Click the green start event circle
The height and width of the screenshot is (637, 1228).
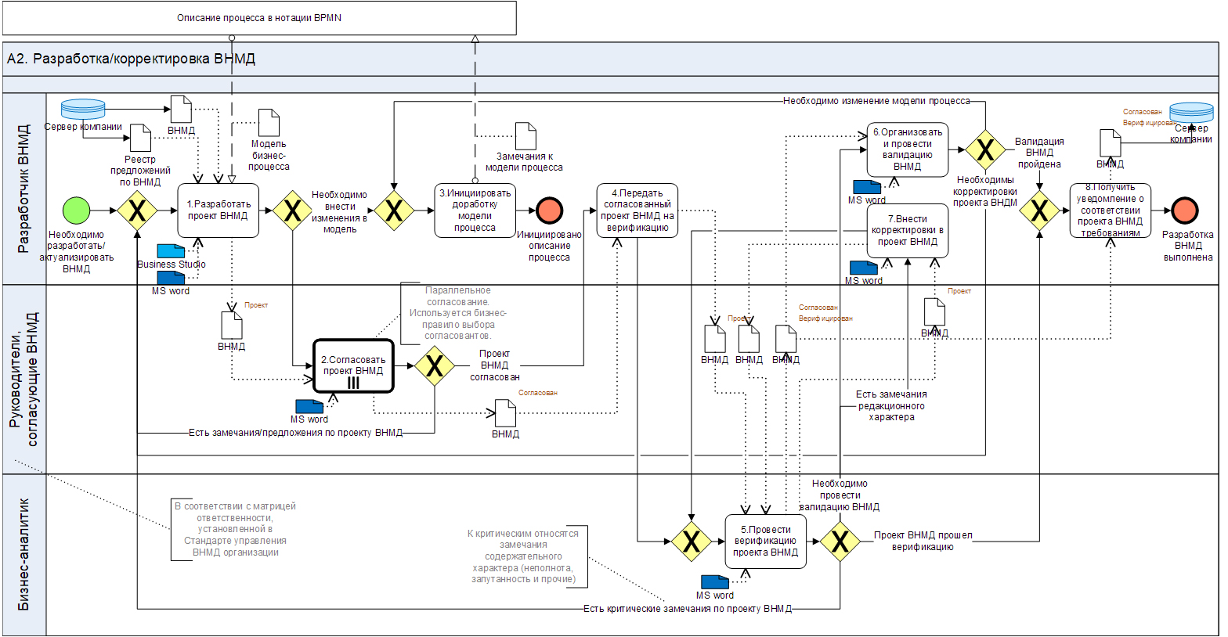coord(76,211)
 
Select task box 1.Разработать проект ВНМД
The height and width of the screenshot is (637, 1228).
coord(218,211)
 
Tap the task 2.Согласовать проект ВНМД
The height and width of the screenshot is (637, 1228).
coord(353,365)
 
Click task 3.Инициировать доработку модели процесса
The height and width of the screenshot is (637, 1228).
coord(474,211)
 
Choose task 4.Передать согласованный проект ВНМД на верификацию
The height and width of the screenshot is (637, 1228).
coord(637,211)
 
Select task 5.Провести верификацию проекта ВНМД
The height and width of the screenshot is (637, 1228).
coord(765,541)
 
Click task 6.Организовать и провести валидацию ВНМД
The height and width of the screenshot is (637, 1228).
coord(907,149)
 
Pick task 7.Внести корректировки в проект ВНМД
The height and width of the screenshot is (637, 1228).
coord(907,231)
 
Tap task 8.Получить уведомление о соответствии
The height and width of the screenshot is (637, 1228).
coord(1110,211)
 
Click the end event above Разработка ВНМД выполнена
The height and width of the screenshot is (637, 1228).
coord(1185,211)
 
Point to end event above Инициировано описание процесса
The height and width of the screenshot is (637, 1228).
coord(550,211)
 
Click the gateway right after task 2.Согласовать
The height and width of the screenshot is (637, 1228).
coord(435,365)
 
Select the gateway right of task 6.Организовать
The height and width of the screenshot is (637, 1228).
coord(985,149)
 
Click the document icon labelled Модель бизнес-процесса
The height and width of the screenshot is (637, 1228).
coord(269,123)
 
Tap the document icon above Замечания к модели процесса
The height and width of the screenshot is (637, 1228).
coord(526,136)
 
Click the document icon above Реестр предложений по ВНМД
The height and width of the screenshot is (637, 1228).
coord(140,139)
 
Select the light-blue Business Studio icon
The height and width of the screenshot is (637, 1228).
coord(171,251)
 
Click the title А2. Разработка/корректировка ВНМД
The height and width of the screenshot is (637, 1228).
coord(131,59)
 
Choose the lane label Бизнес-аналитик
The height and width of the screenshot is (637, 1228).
coord(24,554)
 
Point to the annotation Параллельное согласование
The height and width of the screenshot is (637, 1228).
coord(458,313)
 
